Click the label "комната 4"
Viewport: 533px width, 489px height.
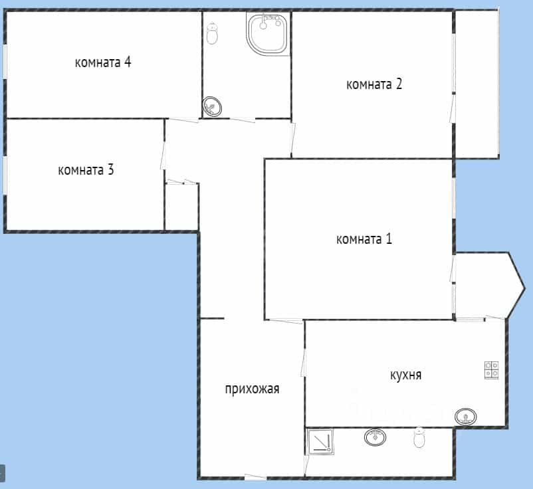(103, 62)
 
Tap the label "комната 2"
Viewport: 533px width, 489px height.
(374, 84)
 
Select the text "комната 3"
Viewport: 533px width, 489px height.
(86, 170)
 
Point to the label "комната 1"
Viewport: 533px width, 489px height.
(364, 239)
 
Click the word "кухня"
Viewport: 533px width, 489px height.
(406, 375)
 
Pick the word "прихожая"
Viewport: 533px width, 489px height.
(253, 389)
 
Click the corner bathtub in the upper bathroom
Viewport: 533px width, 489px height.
(268, 34)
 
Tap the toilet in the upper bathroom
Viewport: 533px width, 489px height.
(213, 33)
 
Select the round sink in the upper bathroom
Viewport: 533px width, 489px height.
(212, 107)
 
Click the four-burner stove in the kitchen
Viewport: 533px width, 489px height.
(492, 370)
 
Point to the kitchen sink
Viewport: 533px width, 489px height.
(466, 417)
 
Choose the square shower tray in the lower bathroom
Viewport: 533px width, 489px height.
(320, 442)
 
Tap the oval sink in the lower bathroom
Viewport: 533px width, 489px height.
(375, 437)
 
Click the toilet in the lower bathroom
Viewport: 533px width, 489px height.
(419, 438)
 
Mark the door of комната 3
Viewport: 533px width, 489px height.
(163, 155)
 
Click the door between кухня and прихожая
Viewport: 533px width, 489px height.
(303, 363)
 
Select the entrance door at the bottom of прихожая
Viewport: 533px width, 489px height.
(255, 477)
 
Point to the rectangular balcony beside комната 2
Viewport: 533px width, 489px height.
(477, 84)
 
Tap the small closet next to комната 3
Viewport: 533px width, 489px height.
(182, 207)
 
